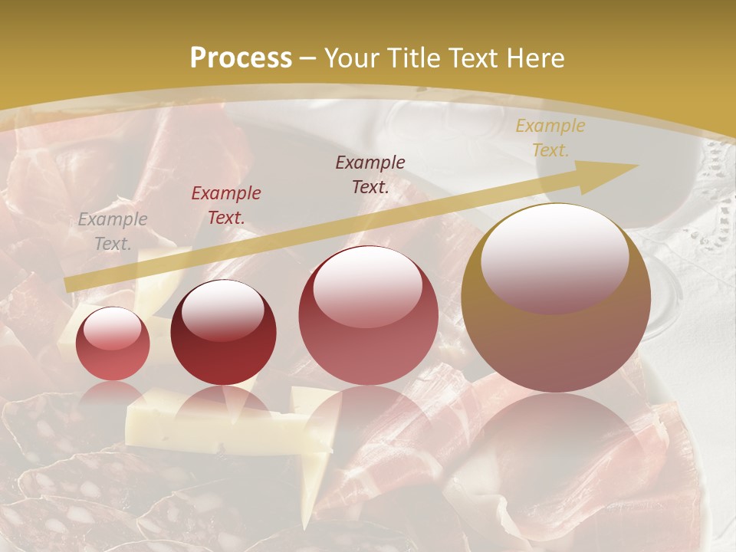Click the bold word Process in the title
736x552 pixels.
point(241,58)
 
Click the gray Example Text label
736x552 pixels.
point(112,232)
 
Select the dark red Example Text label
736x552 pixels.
point(226,205)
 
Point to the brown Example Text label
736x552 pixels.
point(370,174)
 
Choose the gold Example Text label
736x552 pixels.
point(550,137)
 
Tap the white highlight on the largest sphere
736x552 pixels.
point(554,257)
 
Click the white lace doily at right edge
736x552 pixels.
point(717,207)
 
